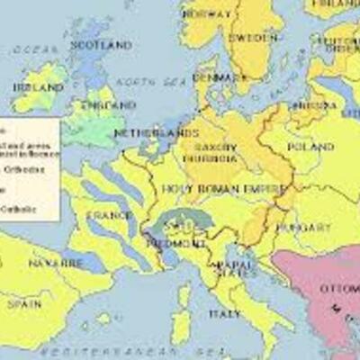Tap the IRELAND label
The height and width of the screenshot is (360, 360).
pyautogui.click(x=38, y=86)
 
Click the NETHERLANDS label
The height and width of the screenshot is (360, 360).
pyautogui.click(x=143, y=133)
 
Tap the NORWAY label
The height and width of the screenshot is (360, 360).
pyautogui.click(x=206, y=14)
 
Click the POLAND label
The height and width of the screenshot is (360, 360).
pyautogui.click(x=303, y=147)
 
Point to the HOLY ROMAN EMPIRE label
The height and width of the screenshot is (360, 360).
pyautogui.click(x=225, y=188)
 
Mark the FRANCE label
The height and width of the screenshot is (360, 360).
pyautogui.click(x=108, y=215)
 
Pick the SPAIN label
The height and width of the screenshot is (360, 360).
pyautogui.click(x=26, y=304)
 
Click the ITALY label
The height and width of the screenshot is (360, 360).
pyautogui.click(x=224, y=314)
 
